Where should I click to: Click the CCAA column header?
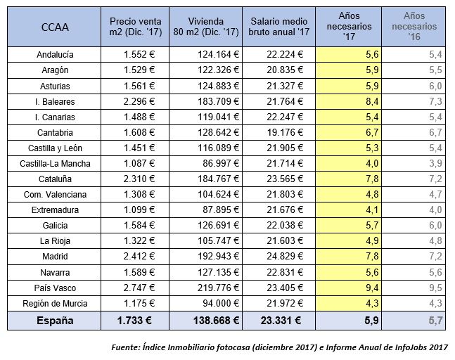[x=54, y=29]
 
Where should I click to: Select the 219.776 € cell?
[x=214, y=288]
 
